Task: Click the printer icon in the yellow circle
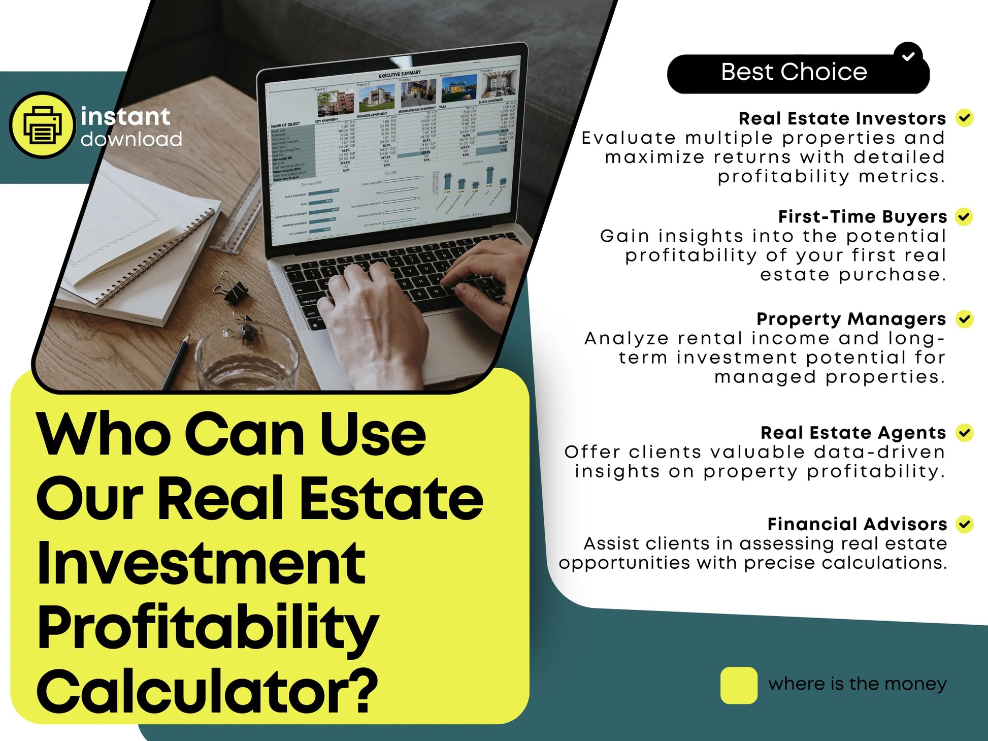[x=43, y=125]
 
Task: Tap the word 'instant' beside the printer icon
[x=125, y=117]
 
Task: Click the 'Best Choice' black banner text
[x=794, y=72]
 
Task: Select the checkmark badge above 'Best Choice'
[x=908, y=56]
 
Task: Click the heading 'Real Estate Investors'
[x=842, y=118]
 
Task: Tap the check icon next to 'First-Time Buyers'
[x=964, y=217]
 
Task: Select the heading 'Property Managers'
[x=851, y=319]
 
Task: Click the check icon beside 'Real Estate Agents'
[x=964, y=433]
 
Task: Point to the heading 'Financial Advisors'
[x=857, y=524]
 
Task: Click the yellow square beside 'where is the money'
[x=739, y=685]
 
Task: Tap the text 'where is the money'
[x=857, y=684]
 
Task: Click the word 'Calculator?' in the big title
[x=207, y=691]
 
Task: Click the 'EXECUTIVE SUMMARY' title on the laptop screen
[x=400, y=74]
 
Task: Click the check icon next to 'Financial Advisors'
[x=964, y=524]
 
